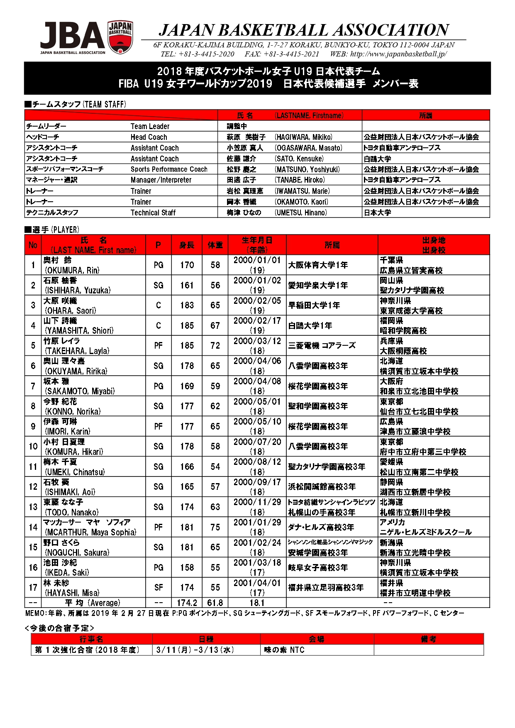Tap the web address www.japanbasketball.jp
(398, 54)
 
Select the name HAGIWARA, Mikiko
(303, 137)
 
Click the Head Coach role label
(149, 137)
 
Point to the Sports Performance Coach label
(169, 169)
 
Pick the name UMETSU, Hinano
(301, 213)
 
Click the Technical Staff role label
(153, 213)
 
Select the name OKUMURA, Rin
(72, 270)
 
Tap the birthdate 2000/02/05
(257, 301)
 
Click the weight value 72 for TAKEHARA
(215, 345)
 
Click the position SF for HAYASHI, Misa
(159, 588)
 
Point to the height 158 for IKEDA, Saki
(187, 567)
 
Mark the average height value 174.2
(187, 603)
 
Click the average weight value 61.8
(215, 603)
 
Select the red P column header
(158, 245)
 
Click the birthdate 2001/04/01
(257, 583)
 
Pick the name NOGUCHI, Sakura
(77, 552)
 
